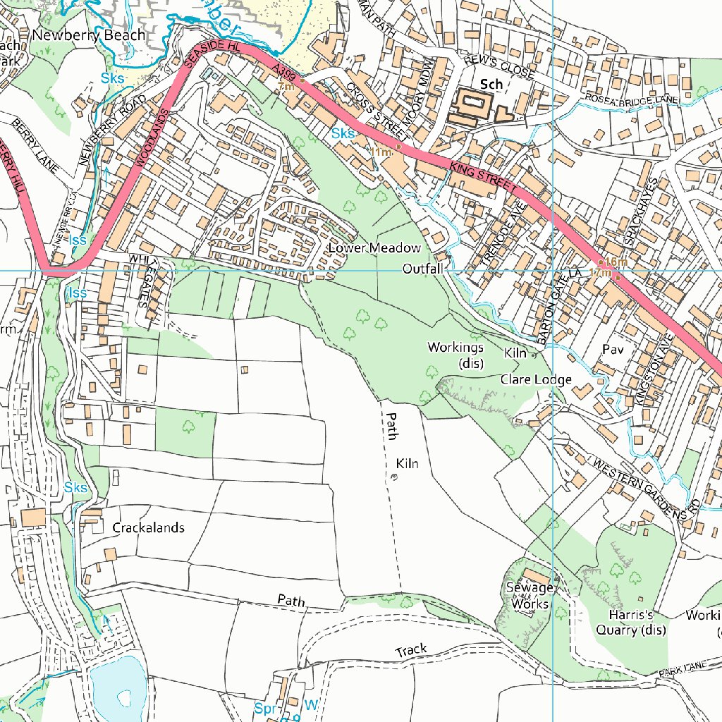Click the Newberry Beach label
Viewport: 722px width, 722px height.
click(89, 35)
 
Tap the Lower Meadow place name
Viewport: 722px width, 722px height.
click(374, 248)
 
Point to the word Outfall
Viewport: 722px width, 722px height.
click(422, 269)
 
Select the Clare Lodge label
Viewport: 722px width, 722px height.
click(536, 380)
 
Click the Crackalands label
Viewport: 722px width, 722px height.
click(148, 528)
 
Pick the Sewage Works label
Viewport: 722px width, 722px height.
click(530, 596)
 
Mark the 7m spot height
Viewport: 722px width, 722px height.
click(286, 86)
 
